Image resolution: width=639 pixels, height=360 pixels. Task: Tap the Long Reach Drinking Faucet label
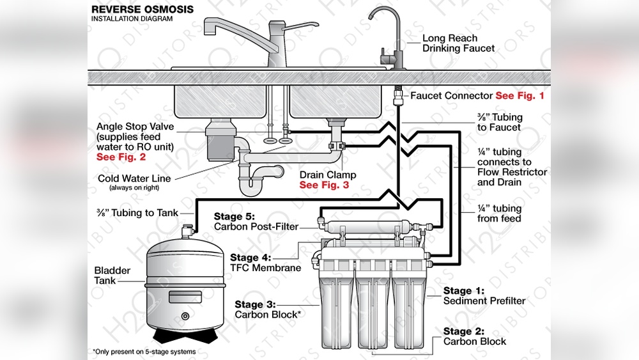pyautogui.click(x=458, y=43)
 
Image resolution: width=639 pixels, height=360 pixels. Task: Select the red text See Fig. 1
pyautogui.click(x=520, y=95)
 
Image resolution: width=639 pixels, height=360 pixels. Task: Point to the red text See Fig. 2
pyautogui.click(x=121, y=157)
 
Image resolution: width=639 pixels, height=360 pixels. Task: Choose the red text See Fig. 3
pyautogui.click(x=325, y=185)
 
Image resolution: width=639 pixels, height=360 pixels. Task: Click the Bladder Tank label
pyautogui.click(x=112, y=276)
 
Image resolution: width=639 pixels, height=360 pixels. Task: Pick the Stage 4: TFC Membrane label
pyautogui.click(x=265, y=263)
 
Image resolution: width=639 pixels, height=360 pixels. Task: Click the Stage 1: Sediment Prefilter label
pyautogui.click(x=484, y=296)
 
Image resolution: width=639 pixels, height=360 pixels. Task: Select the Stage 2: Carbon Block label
pyautogui.click(x=475, y=336)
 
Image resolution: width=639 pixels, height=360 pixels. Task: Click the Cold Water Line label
pyautogui.click(x=134, y=178)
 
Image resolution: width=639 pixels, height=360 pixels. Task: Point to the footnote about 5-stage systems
pyautogui.click(x=144, y=352)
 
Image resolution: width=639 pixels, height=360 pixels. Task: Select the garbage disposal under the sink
pyautogui.click(x=222, y=136)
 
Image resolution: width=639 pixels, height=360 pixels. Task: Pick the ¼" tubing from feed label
pyautogui.click(x=499, y=214)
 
